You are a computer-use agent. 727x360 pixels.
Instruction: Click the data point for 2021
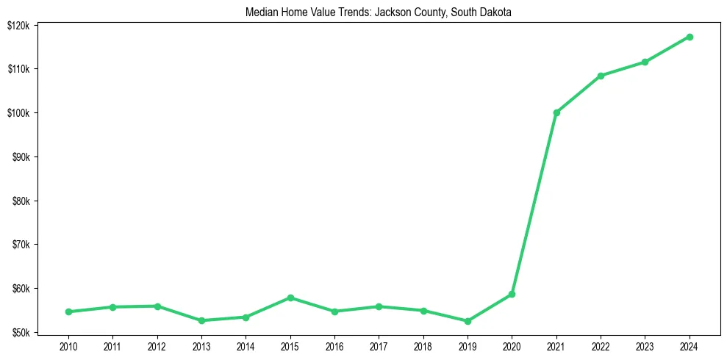(x=556, y=112)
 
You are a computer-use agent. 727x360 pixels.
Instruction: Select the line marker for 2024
(x=690, y=37)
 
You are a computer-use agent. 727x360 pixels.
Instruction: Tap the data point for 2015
(x=290, y=298)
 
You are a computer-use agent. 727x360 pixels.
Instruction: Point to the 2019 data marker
(x=468, y=321)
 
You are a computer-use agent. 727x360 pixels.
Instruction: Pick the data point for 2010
(x=68, y=312)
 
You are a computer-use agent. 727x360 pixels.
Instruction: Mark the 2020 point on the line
(x=512, y=294)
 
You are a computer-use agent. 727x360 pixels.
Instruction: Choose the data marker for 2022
(x=601, y=76)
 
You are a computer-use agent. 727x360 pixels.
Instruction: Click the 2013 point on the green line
(x=201, y=320)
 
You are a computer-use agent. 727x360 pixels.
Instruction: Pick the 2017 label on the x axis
(x=379, y=345)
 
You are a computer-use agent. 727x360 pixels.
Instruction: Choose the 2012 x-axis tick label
(x=157, y=345)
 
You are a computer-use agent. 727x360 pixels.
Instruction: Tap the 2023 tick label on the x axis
(x=645, y=345)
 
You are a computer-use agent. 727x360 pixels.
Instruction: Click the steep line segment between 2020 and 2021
(x=534, y=203)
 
